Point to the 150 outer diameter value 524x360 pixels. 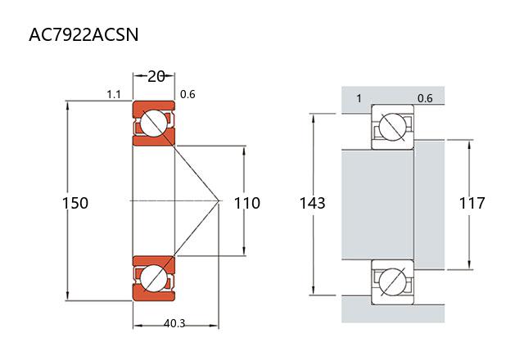tap(75, 203)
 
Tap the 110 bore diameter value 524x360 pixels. tap(247, 203)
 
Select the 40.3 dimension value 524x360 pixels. tap(174, 324)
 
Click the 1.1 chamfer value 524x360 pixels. tap(114, 94)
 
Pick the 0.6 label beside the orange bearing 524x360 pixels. tap(187, 94)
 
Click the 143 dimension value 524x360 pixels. tap(313, 203)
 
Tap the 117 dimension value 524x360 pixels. tap(472, 203)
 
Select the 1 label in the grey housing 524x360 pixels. tap(359, 98)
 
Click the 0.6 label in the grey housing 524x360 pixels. tap(425, 98)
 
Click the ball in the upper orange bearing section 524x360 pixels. tap(153, 123)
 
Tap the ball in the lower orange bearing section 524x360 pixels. tap(153, 277)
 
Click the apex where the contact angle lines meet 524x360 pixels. tap(220, 200)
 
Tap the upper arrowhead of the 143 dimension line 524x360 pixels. tap(313, 115)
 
